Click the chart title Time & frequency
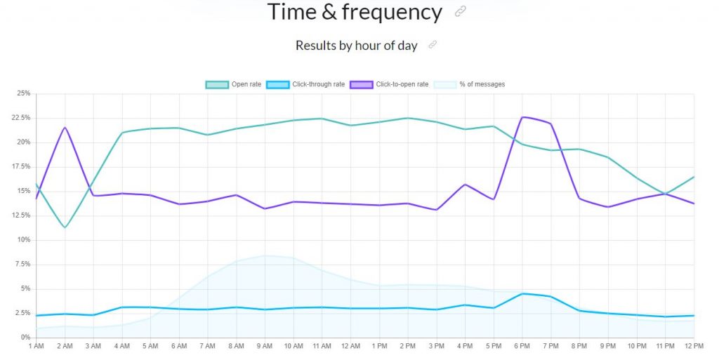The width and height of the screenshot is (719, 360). click(355, 12)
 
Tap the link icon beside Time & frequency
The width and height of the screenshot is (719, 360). click(461, 11)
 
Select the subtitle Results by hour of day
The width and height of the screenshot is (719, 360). click(356, 46)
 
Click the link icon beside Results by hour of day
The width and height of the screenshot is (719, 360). click(433, 45)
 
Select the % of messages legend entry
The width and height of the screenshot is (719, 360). click(470, 84)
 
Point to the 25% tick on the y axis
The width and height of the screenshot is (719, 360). click(23, 93)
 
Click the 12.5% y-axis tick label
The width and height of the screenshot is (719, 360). click(21, 215)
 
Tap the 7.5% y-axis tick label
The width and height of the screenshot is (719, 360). click(22, 265)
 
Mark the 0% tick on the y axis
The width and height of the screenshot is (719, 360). click(25, 338)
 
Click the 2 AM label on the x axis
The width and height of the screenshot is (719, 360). click(65, 347)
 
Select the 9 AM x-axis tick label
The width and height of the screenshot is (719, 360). click(265, 347)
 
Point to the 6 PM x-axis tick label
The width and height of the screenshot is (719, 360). click(522, 347)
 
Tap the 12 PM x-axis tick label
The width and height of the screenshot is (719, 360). click(694, 347)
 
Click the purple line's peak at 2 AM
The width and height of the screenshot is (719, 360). click(65, 127)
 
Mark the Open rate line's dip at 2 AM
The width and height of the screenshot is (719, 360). click(65, 227)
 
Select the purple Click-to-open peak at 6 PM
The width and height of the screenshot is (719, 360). click(523, 116)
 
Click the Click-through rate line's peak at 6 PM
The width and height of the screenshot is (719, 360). click(522, 293)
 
